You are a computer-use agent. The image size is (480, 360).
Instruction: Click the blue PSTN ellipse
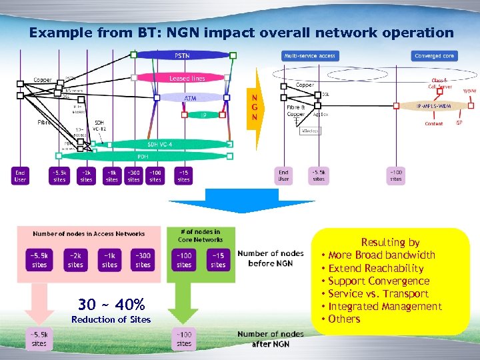(181, 55)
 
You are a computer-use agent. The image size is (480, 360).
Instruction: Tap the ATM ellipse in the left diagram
(190, 97)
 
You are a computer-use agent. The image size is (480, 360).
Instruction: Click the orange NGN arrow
(254, 107)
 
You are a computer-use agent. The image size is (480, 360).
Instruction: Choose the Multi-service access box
(309, 56)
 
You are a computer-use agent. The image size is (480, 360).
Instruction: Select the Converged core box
(434, 56)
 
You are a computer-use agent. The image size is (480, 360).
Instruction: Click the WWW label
(469, 91)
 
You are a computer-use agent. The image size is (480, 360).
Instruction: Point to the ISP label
(459, 123)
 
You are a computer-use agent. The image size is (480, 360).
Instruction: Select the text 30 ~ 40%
(111, 305)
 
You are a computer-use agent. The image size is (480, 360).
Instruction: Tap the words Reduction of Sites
(111, 320)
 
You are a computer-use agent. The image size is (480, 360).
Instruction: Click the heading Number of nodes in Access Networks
(89, 234)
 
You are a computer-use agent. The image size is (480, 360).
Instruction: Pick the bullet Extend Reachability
(376, 268)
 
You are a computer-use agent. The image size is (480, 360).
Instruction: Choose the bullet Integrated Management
(385, 307)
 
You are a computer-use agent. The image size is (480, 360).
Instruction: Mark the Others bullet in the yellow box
(344, 319)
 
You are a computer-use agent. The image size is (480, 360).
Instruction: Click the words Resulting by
(390, 243)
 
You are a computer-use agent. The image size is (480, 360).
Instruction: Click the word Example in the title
(56, 32)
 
